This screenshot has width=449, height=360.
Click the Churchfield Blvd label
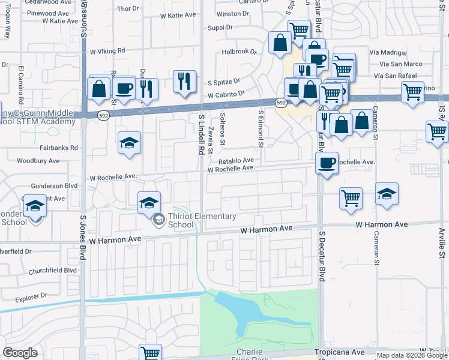pyautogui.click(x=53, y=271)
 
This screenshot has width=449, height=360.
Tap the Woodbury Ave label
pyautogui.click(x=38, y=161)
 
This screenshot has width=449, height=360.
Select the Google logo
pyautogui.click(x=20, y=353)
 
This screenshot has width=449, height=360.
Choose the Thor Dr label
pyautogui.click(x=128, y=9)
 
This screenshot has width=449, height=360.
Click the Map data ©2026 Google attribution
pyautogui.click(x=412, y=355)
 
